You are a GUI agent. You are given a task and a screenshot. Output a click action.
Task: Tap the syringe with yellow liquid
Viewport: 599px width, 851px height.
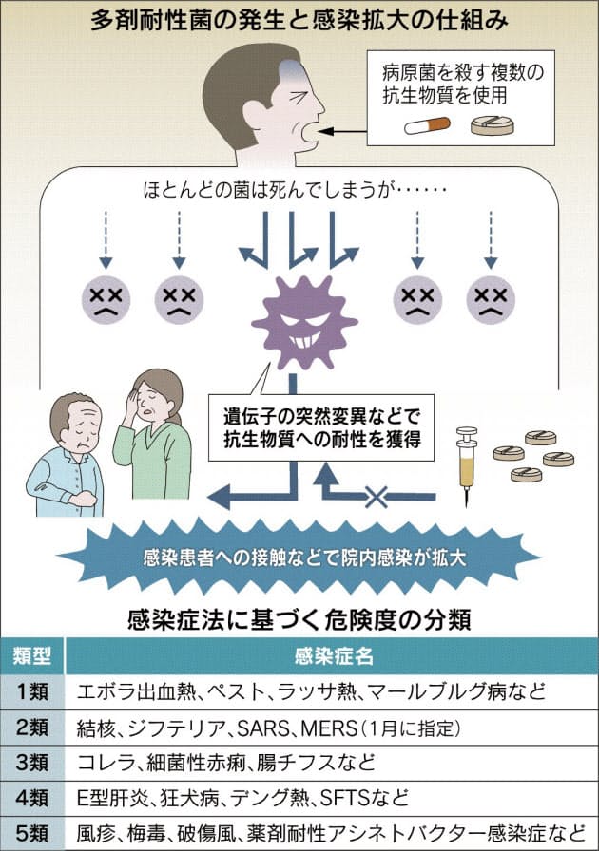click(467, 465)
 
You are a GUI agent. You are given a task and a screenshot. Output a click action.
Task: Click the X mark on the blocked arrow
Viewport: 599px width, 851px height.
click(377, 496)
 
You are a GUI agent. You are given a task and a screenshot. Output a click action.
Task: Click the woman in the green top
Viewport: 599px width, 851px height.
click(153, 434)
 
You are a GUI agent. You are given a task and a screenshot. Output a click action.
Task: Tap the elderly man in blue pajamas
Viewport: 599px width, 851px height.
click(67, 455)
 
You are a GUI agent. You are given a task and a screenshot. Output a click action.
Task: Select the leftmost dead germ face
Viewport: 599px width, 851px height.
click(106, 299)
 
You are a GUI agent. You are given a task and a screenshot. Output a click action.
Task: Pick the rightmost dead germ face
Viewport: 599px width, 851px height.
click(491, 299)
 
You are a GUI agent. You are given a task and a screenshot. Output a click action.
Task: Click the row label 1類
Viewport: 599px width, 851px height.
click(32, 691)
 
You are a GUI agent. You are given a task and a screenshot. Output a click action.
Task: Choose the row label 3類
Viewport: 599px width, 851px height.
click(32, 763)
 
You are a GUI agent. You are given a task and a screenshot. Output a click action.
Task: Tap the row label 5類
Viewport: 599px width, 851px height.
click(32, 833)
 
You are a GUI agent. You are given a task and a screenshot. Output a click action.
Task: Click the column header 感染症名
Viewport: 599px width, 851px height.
click(333, 655)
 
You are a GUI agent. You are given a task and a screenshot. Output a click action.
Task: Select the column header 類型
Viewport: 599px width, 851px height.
click(32, 655)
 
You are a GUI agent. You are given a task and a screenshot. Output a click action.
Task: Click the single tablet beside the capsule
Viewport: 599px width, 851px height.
click(492, 125)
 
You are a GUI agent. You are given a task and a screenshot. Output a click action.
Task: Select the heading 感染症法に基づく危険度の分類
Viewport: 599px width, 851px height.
click(299, 619)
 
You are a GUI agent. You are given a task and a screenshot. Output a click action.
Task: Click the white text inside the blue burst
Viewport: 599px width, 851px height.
click(304, 558)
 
